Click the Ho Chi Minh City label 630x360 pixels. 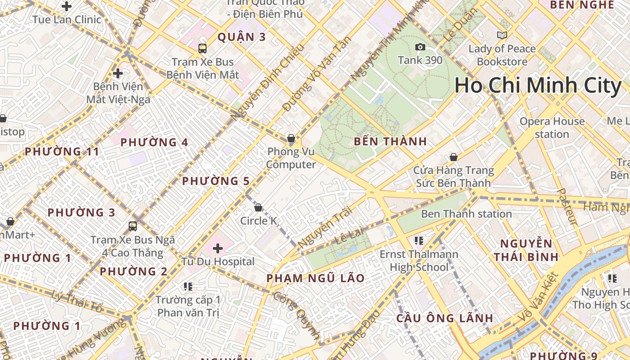(x=538, y=85)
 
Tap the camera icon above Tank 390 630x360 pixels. (x=420, y=47)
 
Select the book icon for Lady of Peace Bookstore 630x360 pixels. (x=502, y=35)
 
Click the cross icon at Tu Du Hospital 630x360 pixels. (x=218, y=248)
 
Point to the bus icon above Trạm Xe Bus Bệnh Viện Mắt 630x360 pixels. (x=202, y=48)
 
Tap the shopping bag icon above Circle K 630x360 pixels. (x=258, y=207)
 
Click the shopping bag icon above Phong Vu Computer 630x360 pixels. (x=291, y=138)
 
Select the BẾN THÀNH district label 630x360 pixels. (x=390, y=141)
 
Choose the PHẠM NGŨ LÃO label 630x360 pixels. (x=315, y=278)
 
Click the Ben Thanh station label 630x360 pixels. (x=466, y=214)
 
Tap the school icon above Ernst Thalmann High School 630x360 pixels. (x=419, y=241)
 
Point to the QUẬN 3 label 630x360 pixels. (x=242, y=37)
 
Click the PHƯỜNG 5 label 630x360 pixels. (x=216, y=181)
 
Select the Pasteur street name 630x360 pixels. (x=567, y=206)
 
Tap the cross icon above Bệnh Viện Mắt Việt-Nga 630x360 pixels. (x=118, y=73)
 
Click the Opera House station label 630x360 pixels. (x=552, y=128)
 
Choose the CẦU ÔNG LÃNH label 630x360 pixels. (x=445, y=318)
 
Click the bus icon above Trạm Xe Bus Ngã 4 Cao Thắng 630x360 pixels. (x=133, y=226)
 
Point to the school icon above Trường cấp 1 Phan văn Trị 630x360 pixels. (x=188, y=286)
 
